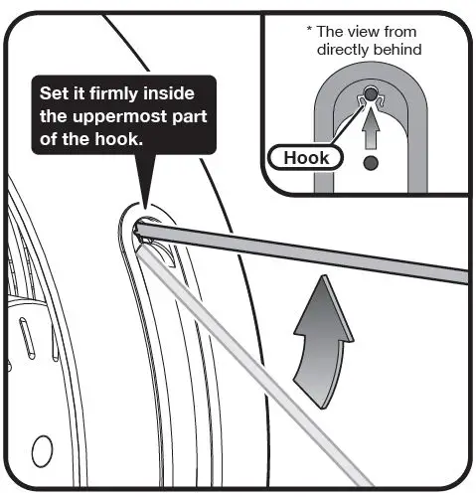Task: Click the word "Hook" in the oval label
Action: click(x=306, y=157)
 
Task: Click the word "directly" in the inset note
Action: click(x=342, y=48)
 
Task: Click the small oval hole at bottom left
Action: click(x=43, y=453)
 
